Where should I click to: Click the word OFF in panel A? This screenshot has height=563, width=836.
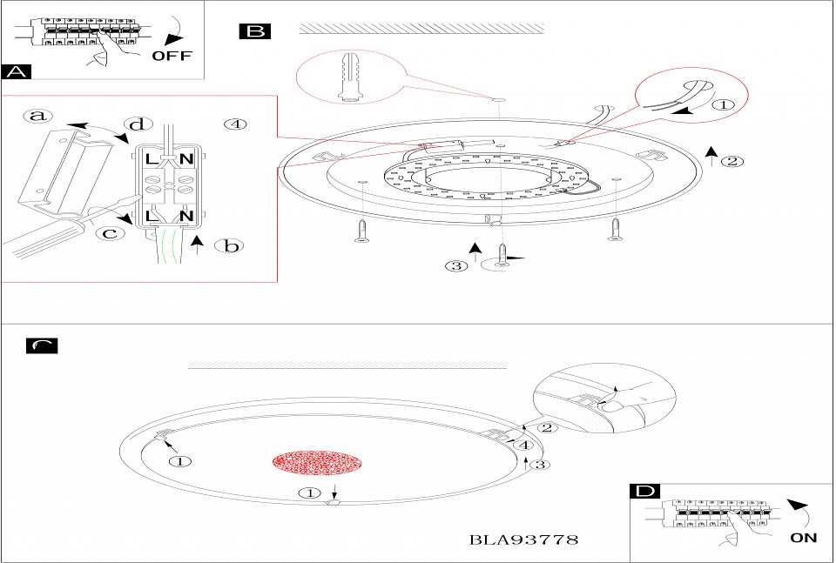pyautogui.click(x=172, y=56)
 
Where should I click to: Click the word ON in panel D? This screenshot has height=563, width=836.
pyautogui.click(x=804, y=538)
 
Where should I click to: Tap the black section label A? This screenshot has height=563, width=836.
pyautogui.click(x=16, y=71)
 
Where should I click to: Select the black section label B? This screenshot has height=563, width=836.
pyautogui.click(x=255, y=31)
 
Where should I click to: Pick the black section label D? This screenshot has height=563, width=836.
pyautogui.click(x=644, y=491)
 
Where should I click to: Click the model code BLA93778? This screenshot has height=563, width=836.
pyautogui.click(x=523, y=540)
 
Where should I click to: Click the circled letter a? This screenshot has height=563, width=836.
pyautogui.click(x=38, y=116)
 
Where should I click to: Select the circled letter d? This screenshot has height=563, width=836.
pyautogui.click(x=138, y=124)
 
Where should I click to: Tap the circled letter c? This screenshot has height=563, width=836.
pyautogui.click(x=110, y=232)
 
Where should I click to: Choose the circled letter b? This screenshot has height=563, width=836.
pyautogui.click(x=229, y=245)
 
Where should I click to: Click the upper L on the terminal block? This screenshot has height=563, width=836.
pyautogui.click(x=152, y=158)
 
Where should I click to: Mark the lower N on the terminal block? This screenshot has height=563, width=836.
pyautogui.click(x=185, y=216)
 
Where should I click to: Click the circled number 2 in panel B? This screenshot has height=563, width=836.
pyautogui.click(x=732, y=161)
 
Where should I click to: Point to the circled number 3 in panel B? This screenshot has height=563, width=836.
pyautogui.click(x=456, y=265)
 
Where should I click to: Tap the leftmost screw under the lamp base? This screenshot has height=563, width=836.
pyautogui.click(x=362, y=231)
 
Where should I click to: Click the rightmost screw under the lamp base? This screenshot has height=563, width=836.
pyautogui.click(x=615, y=229)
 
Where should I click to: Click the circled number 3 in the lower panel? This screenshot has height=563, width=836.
pyautogui.click(x=540, y=465)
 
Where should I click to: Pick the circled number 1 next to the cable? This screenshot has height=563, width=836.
pyautogui.click(x=723, y=105)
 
